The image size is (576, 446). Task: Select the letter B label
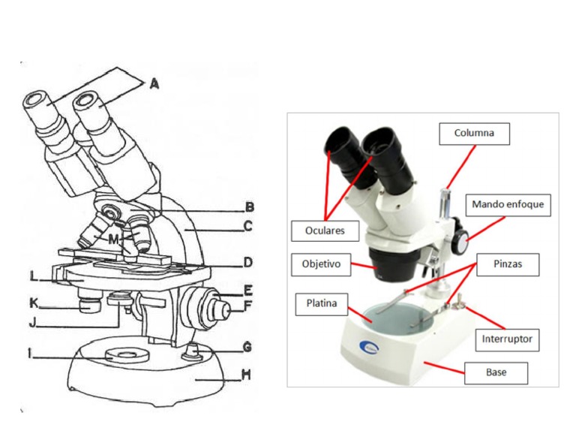click(x=250, y=207)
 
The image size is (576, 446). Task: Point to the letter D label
click(x=247, y=263)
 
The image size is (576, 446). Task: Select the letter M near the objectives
click(x=113, y=239)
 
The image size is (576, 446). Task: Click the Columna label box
click(x=474, y=134)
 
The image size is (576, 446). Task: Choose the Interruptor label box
click(x=507, y=339)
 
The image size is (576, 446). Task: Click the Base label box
click(x=496, y=372)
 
